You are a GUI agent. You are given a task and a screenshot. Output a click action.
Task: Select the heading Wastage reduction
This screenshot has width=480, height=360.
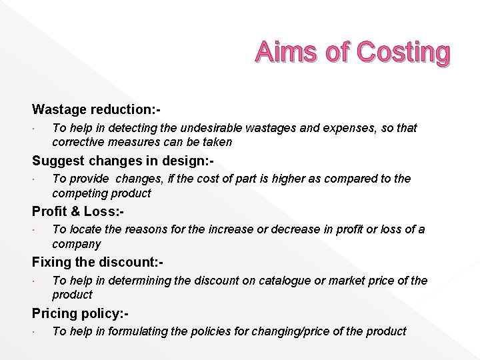pyautogui.click(x=97, y=109)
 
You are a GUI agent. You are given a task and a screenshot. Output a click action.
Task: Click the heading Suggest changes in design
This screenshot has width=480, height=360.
pyautogui.click(x=123, y=160)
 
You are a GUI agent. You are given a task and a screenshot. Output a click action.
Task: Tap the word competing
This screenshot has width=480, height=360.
pyautogui.click(x=79, y=193)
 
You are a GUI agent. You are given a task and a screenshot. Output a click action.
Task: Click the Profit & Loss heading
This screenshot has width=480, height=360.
pyautogui.click(x=78, y=211)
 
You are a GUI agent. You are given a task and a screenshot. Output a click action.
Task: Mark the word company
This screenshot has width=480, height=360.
pyautogui.click(x=77, y=244)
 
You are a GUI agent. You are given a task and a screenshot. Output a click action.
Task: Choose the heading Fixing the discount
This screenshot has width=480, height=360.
pyautogui.click(x=97, y=263)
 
